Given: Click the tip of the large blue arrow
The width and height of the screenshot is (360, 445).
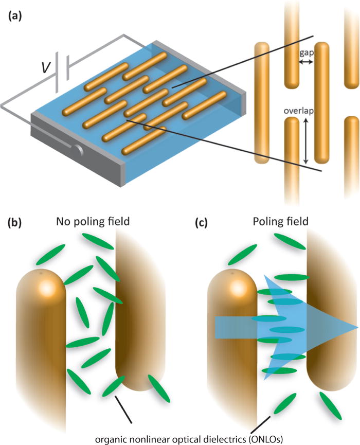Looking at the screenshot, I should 356,328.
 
